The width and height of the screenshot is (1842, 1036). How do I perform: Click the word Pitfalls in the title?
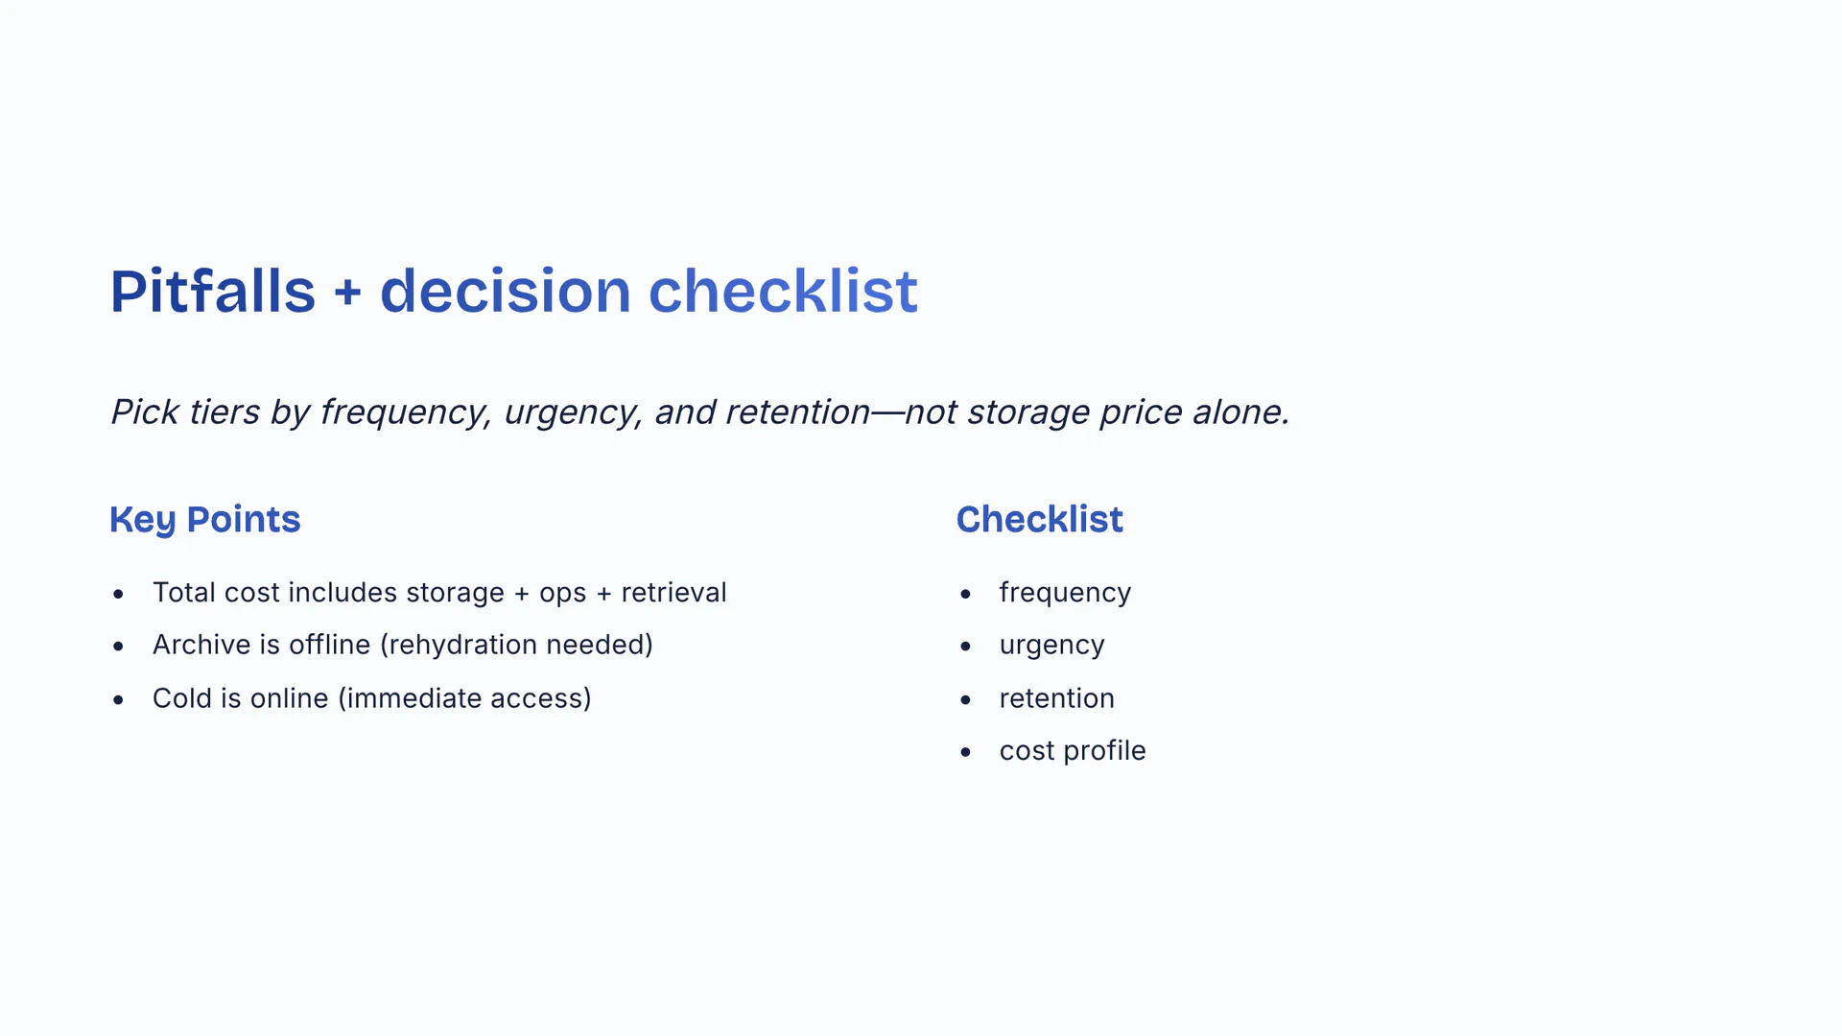[213, 291]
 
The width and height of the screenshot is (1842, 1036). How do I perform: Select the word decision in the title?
[506, 291]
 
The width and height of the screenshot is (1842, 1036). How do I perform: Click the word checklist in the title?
[783, 291]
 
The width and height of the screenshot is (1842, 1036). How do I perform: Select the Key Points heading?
[205, 520]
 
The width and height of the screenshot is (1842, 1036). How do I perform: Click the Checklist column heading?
[1039, 519]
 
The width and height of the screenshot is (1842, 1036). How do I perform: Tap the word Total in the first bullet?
[184, 593]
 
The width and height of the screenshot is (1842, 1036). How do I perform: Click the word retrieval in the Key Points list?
[673, 593]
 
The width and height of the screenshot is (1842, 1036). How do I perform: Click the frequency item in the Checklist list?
[1065, 594]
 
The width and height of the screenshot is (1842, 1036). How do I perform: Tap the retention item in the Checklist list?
[1057, 698]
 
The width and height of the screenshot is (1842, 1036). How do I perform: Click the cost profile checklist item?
[1073, 751]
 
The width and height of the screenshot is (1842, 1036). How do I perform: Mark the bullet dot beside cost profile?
[965, 752]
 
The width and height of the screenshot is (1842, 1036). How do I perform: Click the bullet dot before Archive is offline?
[118, 647]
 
